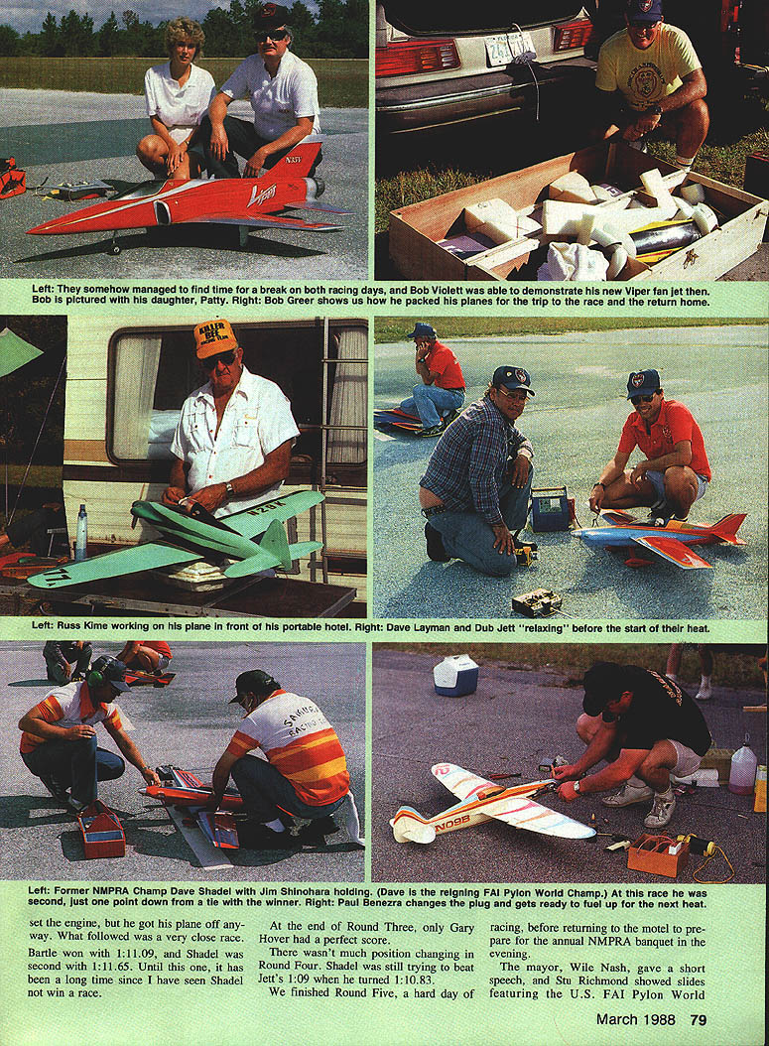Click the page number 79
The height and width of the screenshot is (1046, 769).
(x=698, y=1019)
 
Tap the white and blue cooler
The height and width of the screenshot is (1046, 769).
(x=455, y=675)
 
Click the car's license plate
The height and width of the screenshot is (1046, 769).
(x=510, y=49)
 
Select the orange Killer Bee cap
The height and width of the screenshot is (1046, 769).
(x=215, y=338)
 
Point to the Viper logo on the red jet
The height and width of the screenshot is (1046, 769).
(x=264, y=195)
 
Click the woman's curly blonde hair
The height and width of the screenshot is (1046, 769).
(x=185, y=33)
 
